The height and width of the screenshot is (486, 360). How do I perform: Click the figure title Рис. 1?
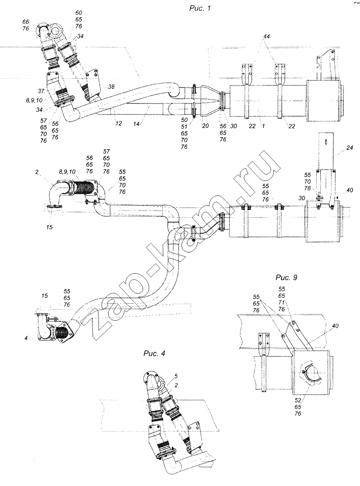tap(200, 8)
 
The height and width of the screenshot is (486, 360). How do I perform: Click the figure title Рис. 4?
tap(154, 353)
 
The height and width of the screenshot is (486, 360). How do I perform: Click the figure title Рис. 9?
tap(286, 278)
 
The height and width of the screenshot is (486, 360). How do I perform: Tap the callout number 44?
tap(266, 36)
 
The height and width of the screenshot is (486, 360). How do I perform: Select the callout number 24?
tap(349, 148)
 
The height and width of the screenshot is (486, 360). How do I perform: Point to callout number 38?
tap(111, 87)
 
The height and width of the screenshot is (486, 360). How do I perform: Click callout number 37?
tap(42, 91)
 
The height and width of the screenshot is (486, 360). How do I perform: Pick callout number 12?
tap(119, 123)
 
